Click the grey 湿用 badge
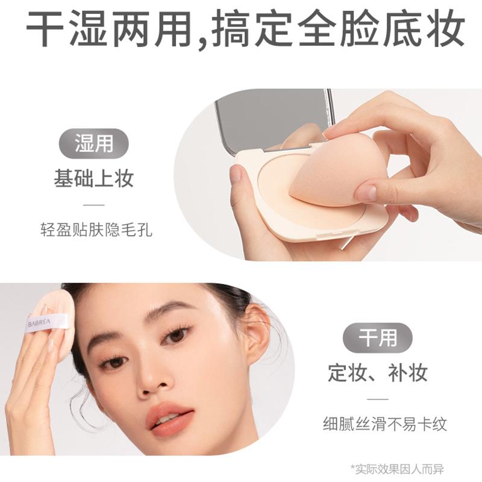point(93,143)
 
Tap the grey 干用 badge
point(378,338)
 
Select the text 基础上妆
point(94,178)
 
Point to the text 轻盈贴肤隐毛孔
point(96,230)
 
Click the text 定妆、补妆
point(378,372)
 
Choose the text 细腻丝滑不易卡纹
point(385,424)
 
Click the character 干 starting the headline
point(45,28)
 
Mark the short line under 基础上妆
point(94,205)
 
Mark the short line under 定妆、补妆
point(378,399)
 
